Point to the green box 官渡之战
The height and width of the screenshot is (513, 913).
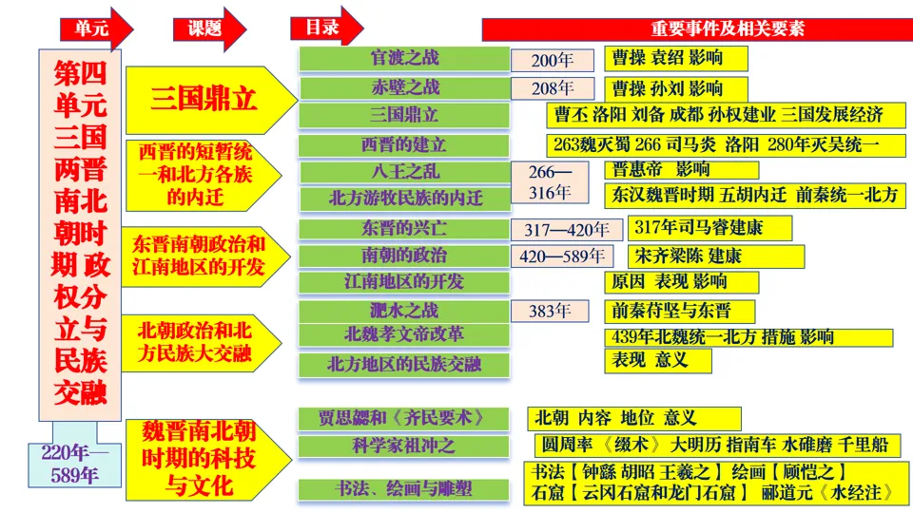tap(404, 58)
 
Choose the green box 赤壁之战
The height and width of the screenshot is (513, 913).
tap(404, 87)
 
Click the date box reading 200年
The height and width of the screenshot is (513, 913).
tap(552, 61)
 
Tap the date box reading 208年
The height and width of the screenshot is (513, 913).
tap(552, 89)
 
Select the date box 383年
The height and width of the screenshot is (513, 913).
tap(552, 311)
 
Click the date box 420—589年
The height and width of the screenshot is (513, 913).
tap(564, 256)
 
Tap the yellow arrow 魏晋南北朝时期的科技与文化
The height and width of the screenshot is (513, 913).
tap(204, 459)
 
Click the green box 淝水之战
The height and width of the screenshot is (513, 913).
tap(404, 311)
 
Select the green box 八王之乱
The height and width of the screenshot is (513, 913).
tap(404, 172)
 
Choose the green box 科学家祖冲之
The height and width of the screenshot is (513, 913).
tap(404, 446)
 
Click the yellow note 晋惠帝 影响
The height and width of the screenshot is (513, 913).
tap(681, 170)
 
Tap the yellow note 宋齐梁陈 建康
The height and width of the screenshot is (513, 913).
tap(715, 256)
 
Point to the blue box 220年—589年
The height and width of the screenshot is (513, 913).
tap(75, 465)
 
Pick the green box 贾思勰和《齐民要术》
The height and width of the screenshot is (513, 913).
tap(404, 418)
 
